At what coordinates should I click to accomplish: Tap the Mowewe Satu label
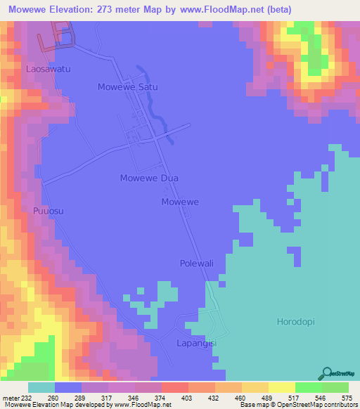point(127,87)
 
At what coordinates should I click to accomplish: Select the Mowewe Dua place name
point(145,178)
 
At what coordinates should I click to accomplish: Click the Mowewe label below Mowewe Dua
point(180,202)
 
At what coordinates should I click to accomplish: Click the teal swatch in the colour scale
point(41,387)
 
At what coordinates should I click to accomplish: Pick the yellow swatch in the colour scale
point(281,387)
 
